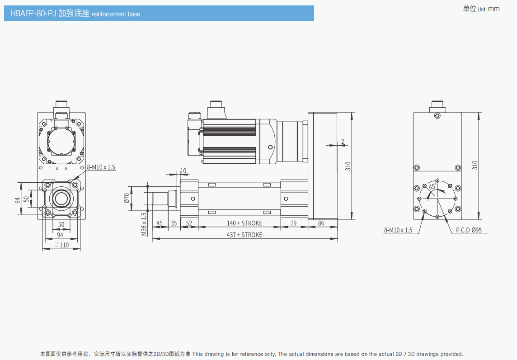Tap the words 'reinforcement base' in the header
[116, 14]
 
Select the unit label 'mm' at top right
[494, 9]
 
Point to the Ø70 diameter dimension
[127, 198]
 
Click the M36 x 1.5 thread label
[144, 224]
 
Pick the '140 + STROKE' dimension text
[244, 223]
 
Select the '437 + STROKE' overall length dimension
[244, 235]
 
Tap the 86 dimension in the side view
[321, 223]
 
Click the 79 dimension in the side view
[293, 223]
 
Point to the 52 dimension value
[189, 223]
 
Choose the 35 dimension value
[174, 223]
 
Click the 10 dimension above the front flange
[183, 171]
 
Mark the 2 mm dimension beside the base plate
[343, 142]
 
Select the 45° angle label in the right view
[432, 186]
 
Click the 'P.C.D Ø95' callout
[469, 230]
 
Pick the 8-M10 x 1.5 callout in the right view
[398, 230]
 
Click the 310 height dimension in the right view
[475, 165]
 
